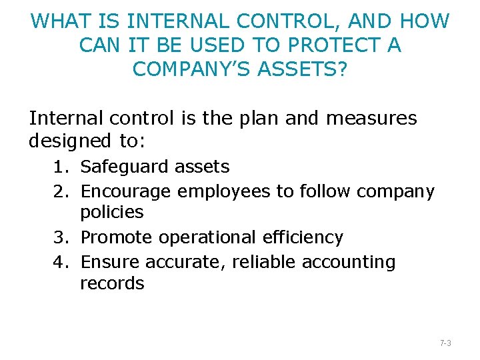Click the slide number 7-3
point(446,343)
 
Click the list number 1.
point(60,167)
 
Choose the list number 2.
point(60,192)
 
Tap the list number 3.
point(60,237)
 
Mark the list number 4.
point(60,263)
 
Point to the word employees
point(225,192)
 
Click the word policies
point(112,213)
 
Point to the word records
point(112,283)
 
